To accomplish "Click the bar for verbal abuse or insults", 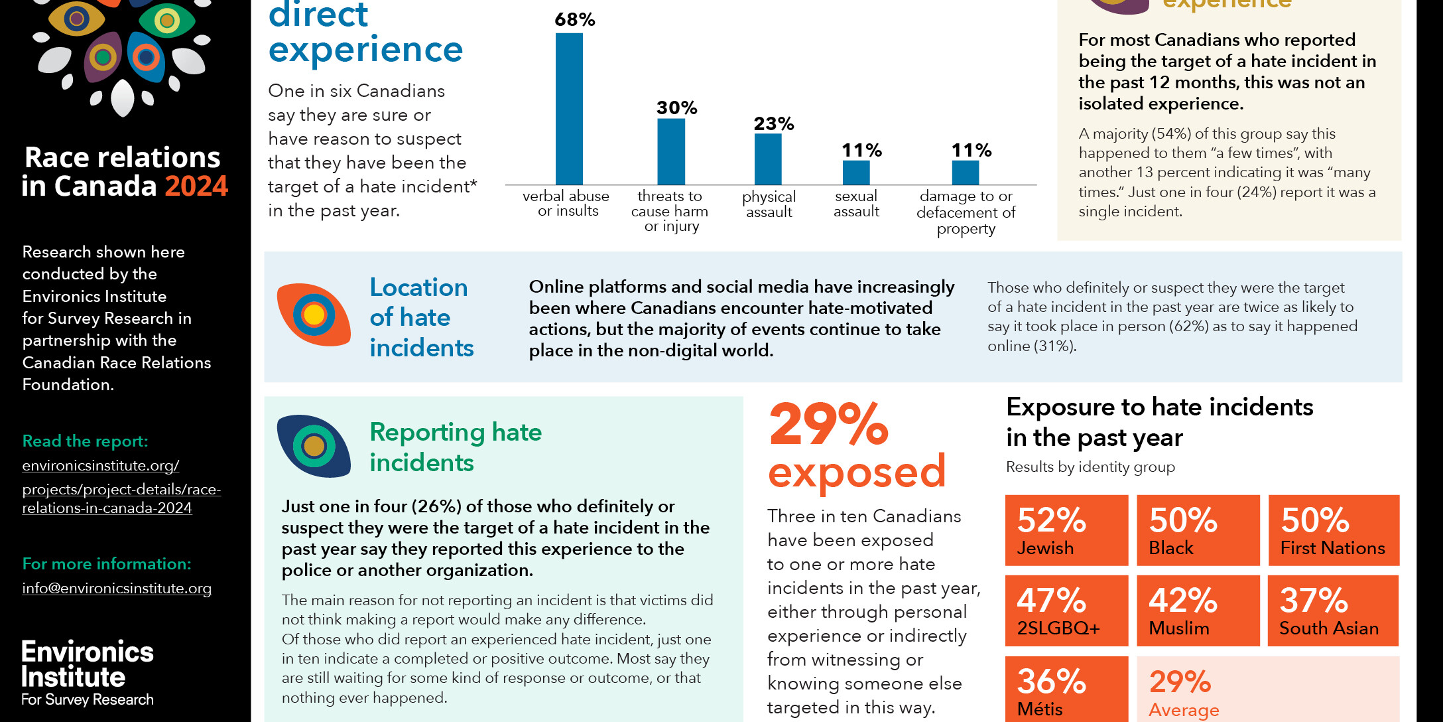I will pyautogui.click(x=569, y=109).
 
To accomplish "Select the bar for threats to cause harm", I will pyautogui.click(x=671, y=151).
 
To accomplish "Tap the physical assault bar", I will pyautogui.click(x=768, y=159).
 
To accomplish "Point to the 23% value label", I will pyautogui.click(x=773, y=123).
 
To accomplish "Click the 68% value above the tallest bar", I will pyautogui.click(x=574, y=20).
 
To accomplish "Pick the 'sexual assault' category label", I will pyautogui.click(x=856, y=204).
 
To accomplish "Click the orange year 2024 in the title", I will pyautogui.click(x=196, y=186).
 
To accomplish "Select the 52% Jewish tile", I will pyautogui.click(x=1066, y=530).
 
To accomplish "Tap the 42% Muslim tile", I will pyautogui.click(x=1198, y=611).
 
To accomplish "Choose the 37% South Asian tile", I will pyautogui.click(x=1333, y=611).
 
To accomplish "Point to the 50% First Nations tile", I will pyautogui.click(x=1334, y=530).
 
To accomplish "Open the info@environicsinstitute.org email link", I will pyautogui.click(x=117, y=589).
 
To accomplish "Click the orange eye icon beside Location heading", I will pyautogui.click(x=314, y=315).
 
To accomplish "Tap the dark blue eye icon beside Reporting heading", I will pyautogui.click(x=314, y=446).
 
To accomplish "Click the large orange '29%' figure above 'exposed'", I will pyautogui.click(x=829, y=425).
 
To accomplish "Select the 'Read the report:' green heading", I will pyautogui.click(x=85, y=441).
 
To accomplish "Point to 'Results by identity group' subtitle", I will pyautogui.click(x=1090, y=467).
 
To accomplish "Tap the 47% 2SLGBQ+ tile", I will pyautogui.click(x=1066, y=611).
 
